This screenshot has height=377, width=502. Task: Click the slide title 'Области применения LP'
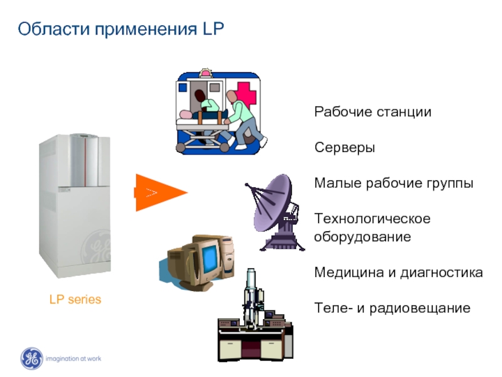tap(120, 29)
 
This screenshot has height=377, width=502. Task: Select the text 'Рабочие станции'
tap(373, 112)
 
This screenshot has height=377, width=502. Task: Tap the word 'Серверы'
tap(344, 148)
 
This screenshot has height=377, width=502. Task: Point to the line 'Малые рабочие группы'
tap(393, 183)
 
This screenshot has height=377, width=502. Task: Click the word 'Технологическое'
tap(372, 219)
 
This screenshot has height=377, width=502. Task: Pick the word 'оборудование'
tap(362, 238)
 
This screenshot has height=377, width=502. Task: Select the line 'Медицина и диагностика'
tap(398, 273)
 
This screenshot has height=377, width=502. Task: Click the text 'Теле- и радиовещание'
tap(392, 308)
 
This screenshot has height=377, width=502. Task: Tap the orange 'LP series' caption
tap(75, 300)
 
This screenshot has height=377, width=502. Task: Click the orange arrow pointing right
tap(161, 192)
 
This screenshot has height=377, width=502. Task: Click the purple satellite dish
tap(276, 207)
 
